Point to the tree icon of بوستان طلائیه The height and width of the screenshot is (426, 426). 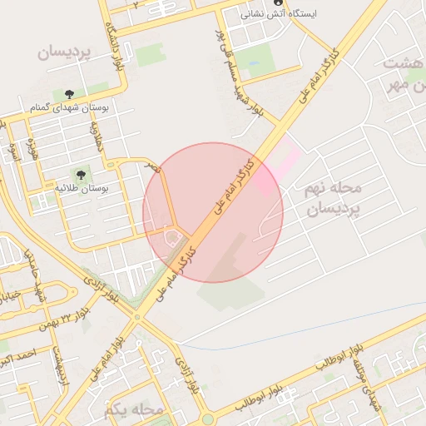81,175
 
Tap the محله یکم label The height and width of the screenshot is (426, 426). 132,409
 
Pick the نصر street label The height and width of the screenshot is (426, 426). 152,167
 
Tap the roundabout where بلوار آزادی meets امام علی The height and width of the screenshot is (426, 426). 136,317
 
